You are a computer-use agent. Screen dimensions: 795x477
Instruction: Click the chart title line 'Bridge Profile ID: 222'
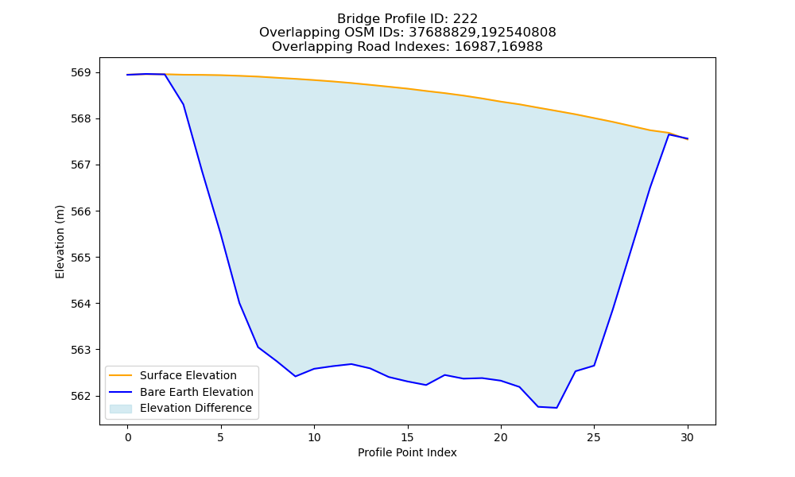tap(407, 19)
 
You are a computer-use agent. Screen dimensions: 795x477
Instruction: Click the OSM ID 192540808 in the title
tap(518, 33)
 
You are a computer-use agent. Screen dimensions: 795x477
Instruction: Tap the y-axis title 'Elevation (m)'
tap(60, 242)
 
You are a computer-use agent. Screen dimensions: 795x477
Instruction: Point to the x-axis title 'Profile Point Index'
tap(407, 452)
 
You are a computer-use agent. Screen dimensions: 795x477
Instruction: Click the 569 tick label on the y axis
tap(81, 72)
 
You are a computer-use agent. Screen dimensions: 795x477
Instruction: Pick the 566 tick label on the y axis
tap(81, 211)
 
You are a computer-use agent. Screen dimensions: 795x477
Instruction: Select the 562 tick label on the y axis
tap(81, 396)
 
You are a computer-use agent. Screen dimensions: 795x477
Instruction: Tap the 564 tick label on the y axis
tap(81, 304)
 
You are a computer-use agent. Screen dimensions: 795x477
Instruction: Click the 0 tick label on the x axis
tap(128, 437)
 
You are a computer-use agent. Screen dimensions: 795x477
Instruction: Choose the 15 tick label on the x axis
tap(407, 437)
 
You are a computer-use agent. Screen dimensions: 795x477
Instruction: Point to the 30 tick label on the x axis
tap(687, 437)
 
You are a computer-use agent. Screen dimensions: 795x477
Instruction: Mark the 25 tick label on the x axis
tap(594, 437)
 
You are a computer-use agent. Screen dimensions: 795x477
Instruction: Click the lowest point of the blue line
tap(556, 408)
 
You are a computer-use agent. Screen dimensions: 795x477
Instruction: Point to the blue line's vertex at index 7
tap(258, 347)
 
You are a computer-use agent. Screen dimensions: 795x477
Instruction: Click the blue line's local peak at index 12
tap(351, 364)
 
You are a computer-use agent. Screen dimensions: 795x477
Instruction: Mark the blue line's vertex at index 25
tap(594, 366)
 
